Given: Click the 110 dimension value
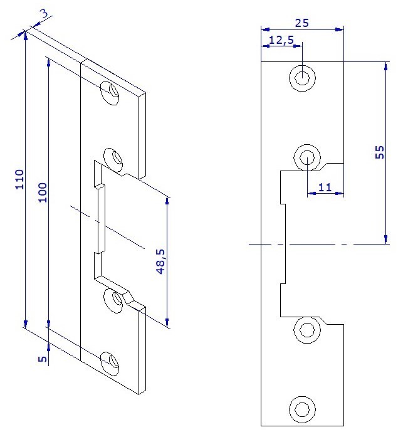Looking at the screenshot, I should (19, 181).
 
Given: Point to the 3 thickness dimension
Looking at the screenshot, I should (43, 14).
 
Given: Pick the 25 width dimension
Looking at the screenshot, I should (302, 23).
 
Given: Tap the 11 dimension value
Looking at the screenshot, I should (325, 186).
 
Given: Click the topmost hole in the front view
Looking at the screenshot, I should (302, 78).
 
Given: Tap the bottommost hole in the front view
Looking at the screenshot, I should (302, 409).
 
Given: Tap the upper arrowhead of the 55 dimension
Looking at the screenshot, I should (385, 65).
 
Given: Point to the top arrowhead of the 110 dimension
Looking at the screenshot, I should (25, 33).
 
